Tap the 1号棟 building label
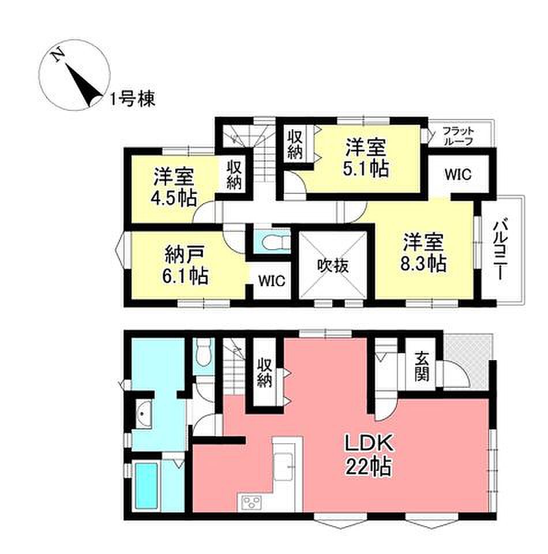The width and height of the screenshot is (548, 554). [x=132, y=99]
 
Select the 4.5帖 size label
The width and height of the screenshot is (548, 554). [x=174, y=199]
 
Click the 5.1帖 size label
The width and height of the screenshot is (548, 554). [x=366, y=169]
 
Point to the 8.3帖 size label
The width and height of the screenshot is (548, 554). [x=423, y=263]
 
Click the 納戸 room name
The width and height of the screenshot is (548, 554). [x=185, y=255]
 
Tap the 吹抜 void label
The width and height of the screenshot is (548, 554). [x=333, y=265]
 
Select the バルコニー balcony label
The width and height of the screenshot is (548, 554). [x=500, y=249]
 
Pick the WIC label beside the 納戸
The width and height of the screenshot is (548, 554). [x=271, y=281]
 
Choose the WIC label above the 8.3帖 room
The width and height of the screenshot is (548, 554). [x=457, y=174]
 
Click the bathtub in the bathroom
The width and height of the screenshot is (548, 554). [x=146, y=486]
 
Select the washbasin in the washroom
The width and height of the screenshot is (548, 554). [x=144, y=414]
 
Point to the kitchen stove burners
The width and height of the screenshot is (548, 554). [x=251, y=501]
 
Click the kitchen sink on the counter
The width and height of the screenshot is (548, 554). [x=284, y=466]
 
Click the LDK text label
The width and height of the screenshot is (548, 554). [x=369, y=443]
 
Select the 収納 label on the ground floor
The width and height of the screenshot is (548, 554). [x=265, y=373]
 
